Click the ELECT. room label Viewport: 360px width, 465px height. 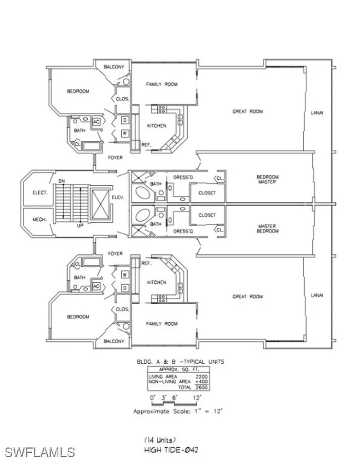[40, 193]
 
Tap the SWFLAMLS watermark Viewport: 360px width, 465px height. [40, 452]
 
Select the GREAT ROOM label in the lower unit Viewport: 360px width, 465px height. [247, 297]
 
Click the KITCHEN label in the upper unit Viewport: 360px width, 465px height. [156, 126]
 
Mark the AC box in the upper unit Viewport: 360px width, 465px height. [96, 122]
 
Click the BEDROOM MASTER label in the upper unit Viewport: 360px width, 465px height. [267, 179]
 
